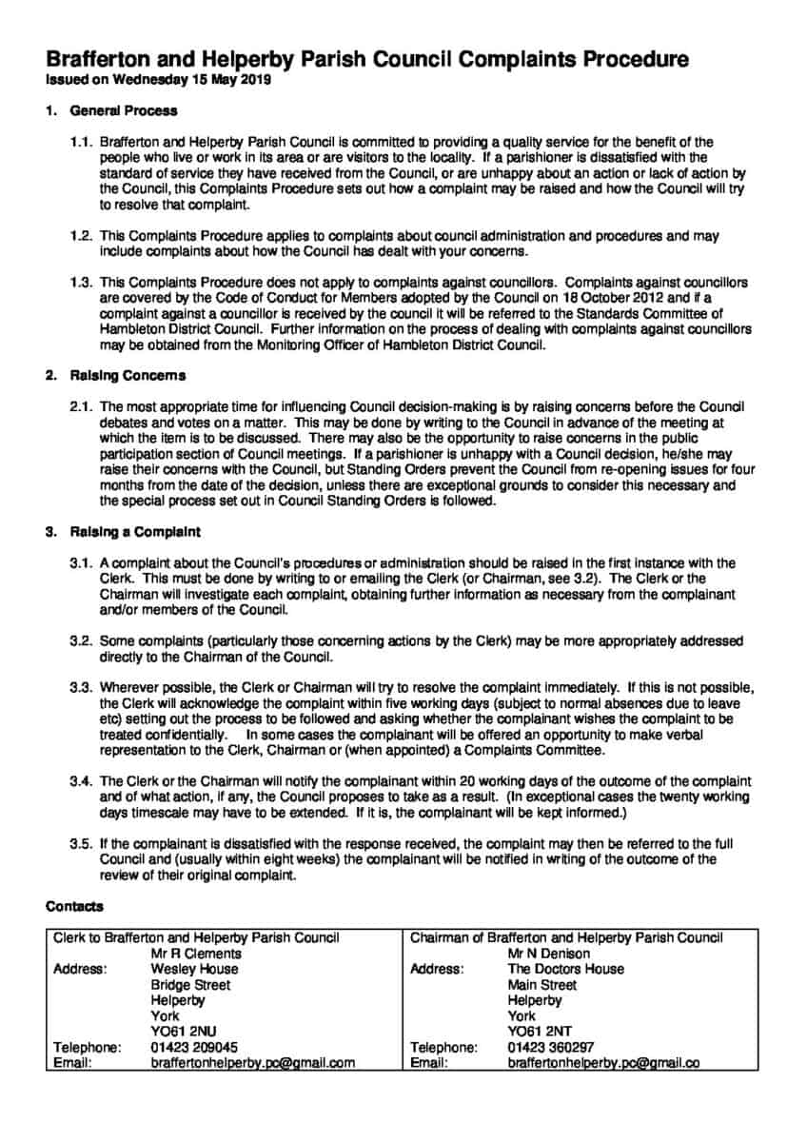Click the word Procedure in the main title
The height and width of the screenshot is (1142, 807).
tap(628, 61)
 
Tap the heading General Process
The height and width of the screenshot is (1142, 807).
tap(124, 110)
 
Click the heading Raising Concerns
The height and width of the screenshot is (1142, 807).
tap(128, 376)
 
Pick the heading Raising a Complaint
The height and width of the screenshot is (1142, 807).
tap(135, 531)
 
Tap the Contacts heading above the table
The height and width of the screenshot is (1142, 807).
tap(74, 907)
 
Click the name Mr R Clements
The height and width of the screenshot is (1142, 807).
tap(196, 954)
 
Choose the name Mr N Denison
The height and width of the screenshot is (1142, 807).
tap(549, 954)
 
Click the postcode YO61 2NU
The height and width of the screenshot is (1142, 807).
tap(185, 1032)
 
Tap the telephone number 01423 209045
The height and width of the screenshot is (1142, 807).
tap(194, 1048)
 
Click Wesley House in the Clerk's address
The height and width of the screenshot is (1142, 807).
tap(194, 969)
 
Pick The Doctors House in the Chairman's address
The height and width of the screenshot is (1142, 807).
tap(566, 969)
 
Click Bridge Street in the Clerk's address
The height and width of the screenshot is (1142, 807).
tap(190, 985)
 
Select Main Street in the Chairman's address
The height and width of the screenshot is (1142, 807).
tap(542, 985)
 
